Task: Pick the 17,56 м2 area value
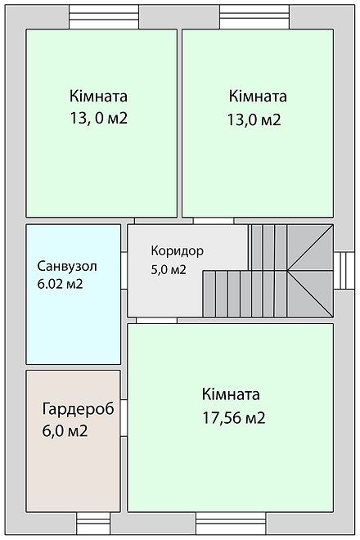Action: (x=233, y=417)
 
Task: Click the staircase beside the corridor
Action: (x=270, y=274)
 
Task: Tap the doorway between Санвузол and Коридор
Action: (x=124, y=270)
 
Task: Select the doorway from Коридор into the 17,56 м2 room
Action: (x=160, y=320)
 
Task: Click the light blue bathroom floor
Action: (x=74, y=327)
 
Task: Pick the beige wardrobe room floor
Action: (x=74, y=475)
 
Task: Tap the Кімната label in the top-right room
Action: (x=259, y=94)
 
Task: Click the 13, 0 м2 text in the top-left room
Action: (x=99, y=119)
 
